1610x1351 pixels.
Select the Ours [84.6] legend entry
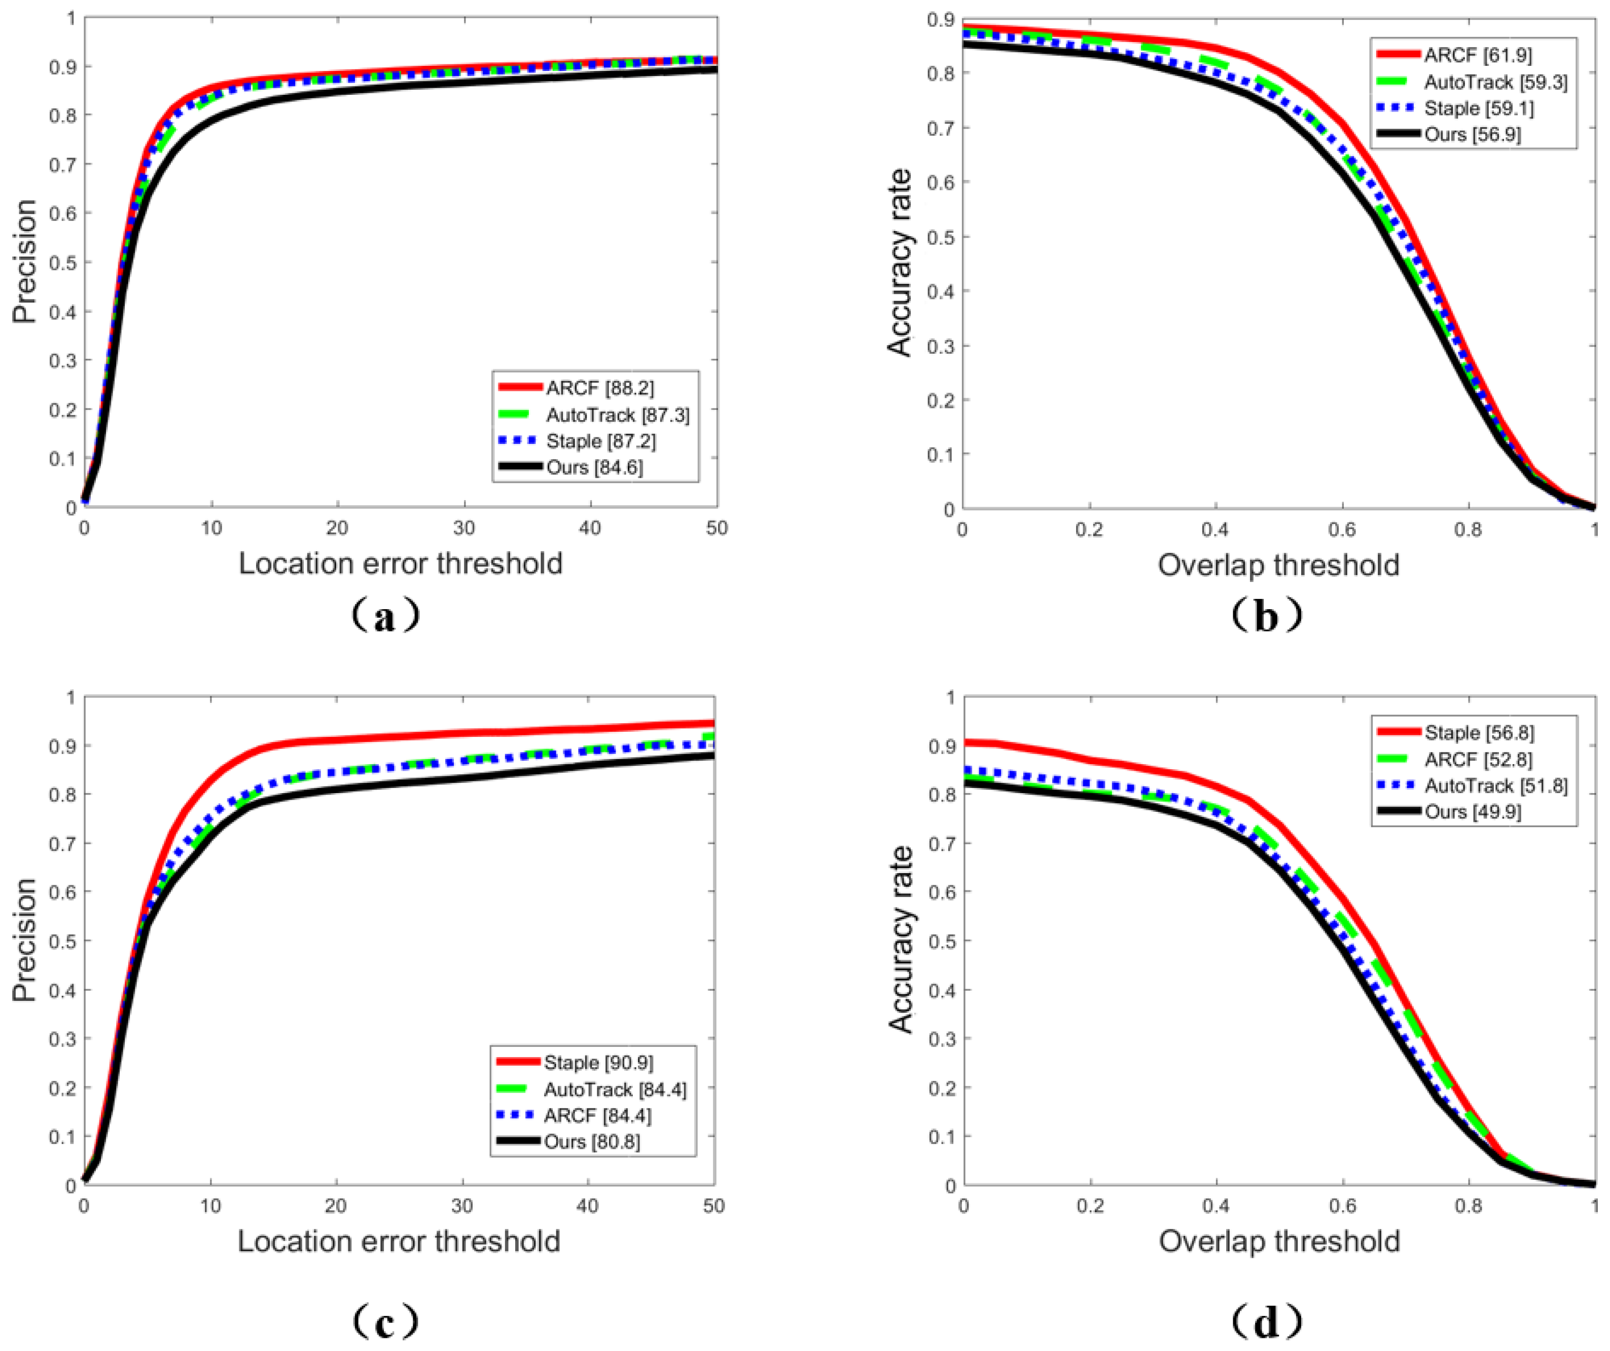point(594,467)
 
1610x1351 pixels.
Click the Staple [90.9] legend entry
point(598,1063)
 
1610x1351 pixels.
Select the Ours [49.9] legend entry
point(1472,811)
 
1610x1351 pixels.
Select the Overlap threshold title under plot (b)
point(1278,565)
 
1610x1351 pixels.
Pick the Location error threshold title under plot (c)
point(399,1241)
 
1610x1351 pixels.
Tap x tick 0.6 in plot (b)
point(1342,530)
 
